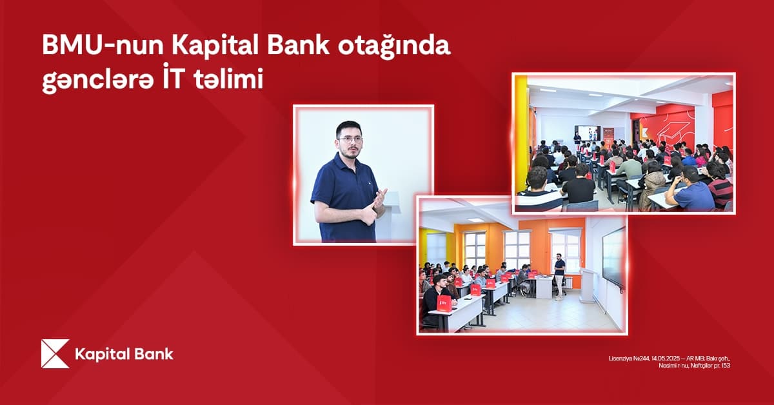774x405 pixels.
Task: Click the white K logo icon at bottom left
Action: pos(55,353)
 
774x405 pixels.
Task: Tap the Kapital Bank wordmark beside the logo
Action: pos(124,354)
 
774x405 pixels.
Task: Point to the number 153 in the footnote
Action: pos(725,366)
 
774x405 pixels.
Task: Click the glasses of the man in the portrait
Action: pos(349,138)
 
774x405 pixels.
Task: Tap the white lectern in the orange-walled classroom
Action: pos(587,284)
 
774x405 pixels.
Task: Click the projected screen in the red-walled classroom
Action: pos(587,132)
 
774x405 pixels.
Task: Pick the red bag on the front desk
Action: pos(444,303)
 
